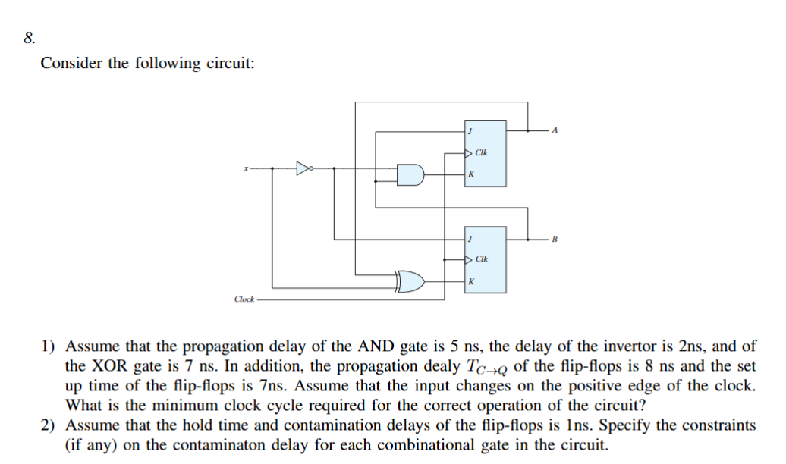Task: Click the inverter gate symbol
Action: tap(305, 168)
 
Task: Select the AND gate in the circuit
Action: tap(410, 175)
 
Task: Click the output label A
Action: tap(555, 130)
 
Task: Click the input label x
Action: tap(245, 168)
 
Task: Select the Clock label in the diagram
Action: tap(244, 299)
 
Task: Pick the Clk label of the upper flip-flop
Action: tap(482, 153)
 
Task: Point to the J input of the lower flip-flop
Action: tap(472, 240)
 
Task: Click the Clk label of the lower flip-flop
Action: tap(482, 260)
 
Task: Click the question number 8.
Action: tap(28, 39)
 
